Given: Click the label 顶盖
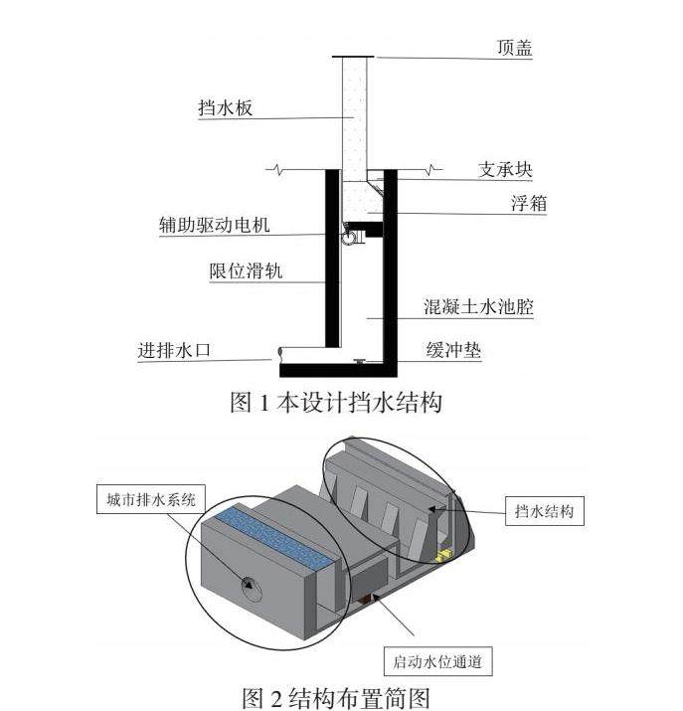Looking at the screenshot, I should click(x=514, y=47).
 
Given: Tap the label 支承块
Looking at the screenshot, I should click(x=505, y=169).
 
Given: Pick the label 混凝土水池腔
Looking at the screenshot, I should click(x=479, y=306).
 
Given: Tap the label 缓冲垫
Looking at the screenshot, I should click(x=457, y=351).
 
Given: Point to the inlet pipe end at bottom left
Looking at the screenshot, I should click(x=281, y=352).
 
